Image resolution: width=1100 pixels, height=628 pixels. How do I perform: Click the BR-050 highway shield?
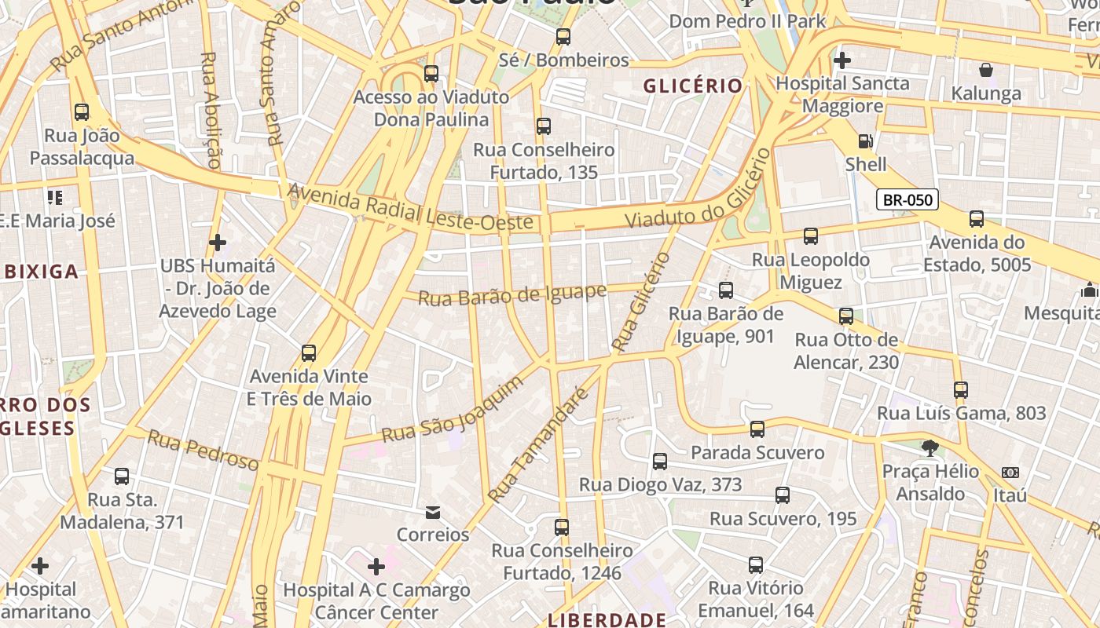(x=907, y=199)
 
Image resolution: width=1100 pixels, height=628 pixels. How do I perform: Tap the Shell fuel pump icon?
(x=865, y=141)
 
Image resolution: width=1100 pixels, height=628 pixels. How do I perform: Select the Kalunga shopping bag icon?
(x=986, y=70)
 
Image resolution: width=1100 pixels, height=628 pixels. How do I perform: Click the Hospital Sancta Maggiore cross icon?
(x=842, y=60)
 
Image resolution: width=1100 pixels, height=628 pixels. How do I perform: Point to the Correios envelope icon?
(x=432, y=513)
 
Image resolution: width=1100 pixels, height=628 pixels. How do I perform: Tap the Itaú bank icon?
(x=1010, y=473)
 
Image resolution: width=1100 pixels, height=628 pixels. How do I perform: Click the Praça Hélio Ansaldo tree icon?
(x=930, y=448)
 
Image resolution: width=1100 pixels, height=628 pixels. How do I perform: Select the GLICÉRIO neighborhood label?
(x=693, y=86)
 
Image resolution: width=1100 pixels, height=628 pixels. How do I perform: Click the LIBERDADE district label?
(x=607, y=620)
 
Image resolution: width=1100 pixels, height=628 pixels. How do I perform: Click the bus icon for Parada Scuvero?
(x=757, y=429)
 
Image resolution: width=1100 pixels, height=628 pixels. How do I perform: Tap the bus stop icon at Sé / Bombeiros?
(x=563, y=37)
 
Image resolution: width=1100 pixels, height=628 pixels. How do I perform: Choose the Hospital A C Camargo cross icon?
(x=376, y=566)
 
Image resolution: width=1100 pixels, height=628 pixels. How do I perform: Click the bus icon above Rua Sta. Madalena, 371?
(x=122, y=476)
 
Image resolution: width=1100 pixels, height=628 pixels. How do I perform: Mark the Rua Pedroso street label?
(x=203, y=451)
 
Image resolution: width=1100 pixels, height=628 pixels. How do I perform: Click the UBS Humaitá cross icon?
(x=218, y=243)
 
